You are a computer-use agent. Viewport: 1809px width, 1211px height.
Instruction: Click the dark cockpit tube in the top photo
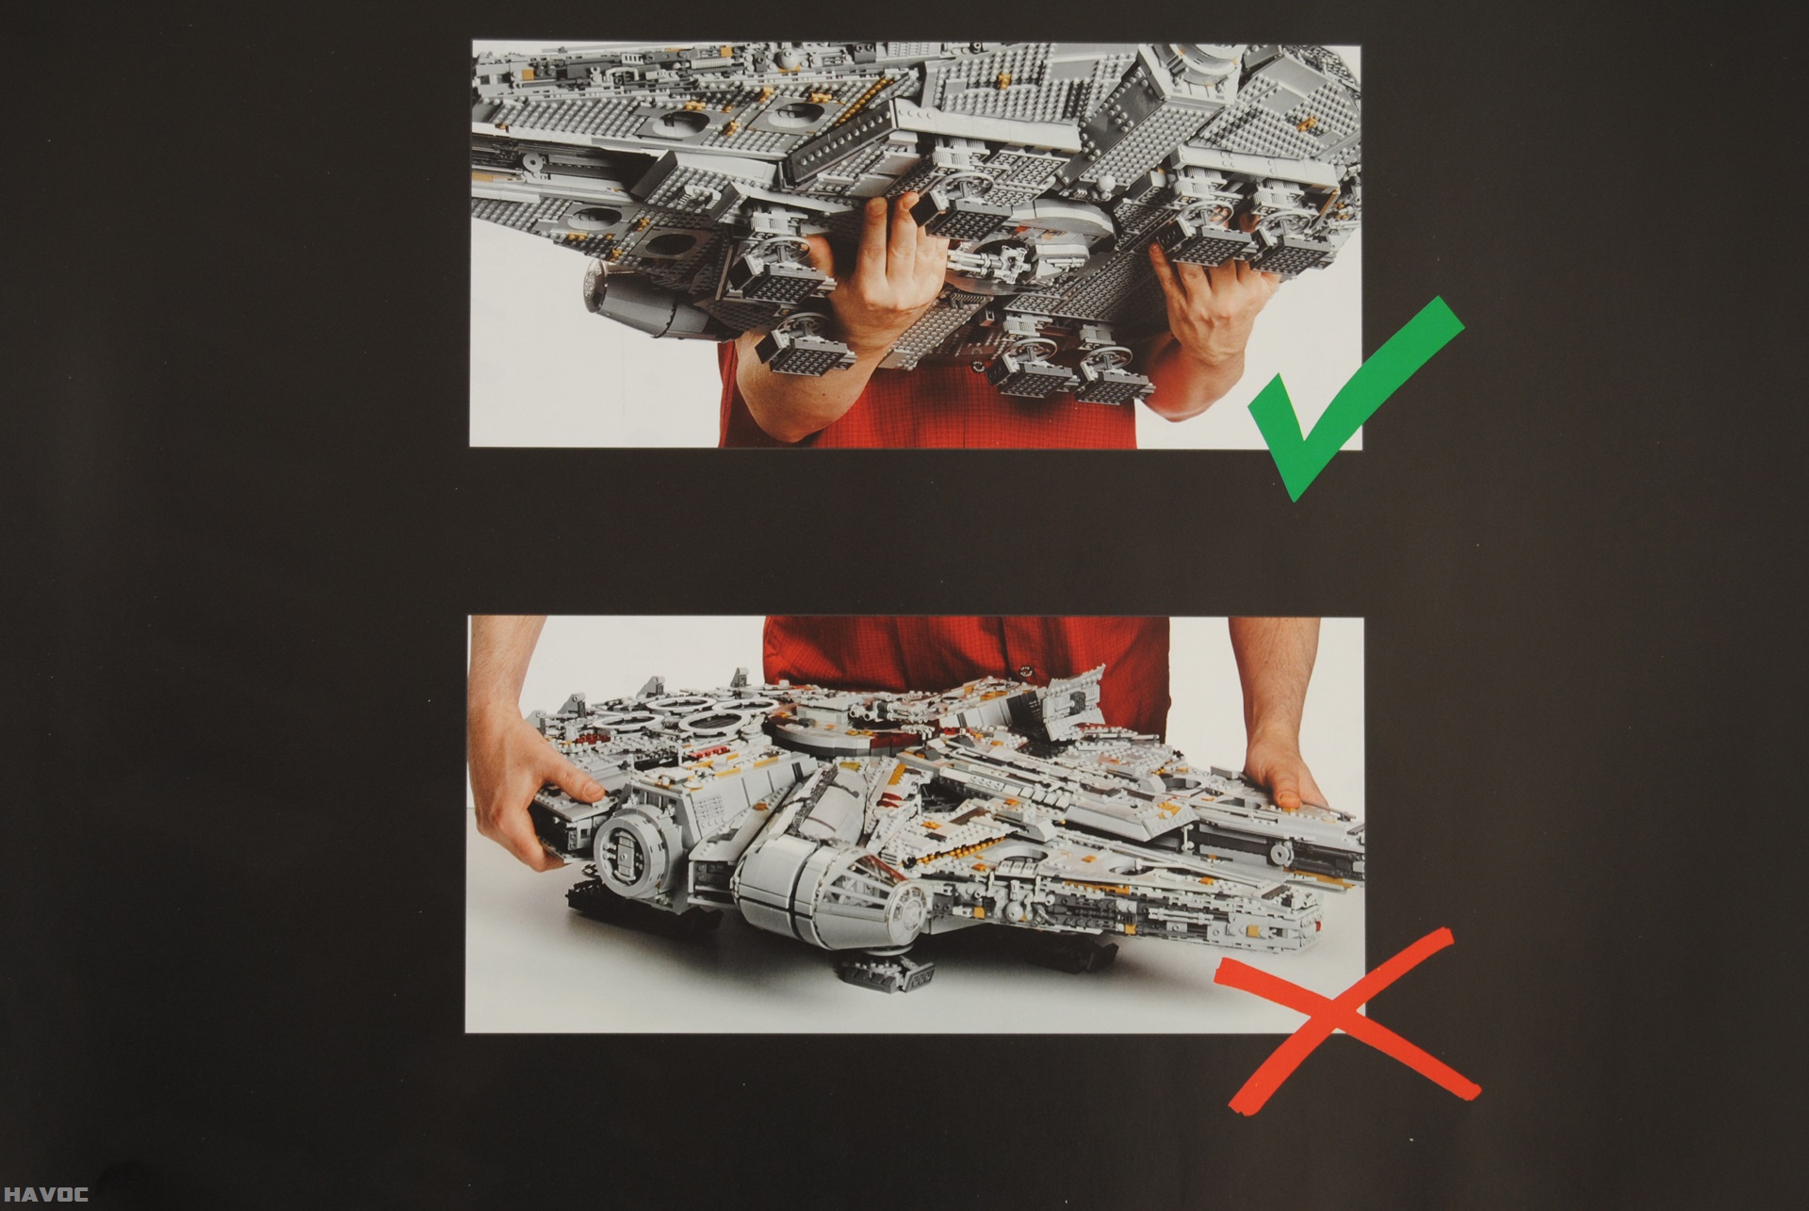(650, 297)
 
